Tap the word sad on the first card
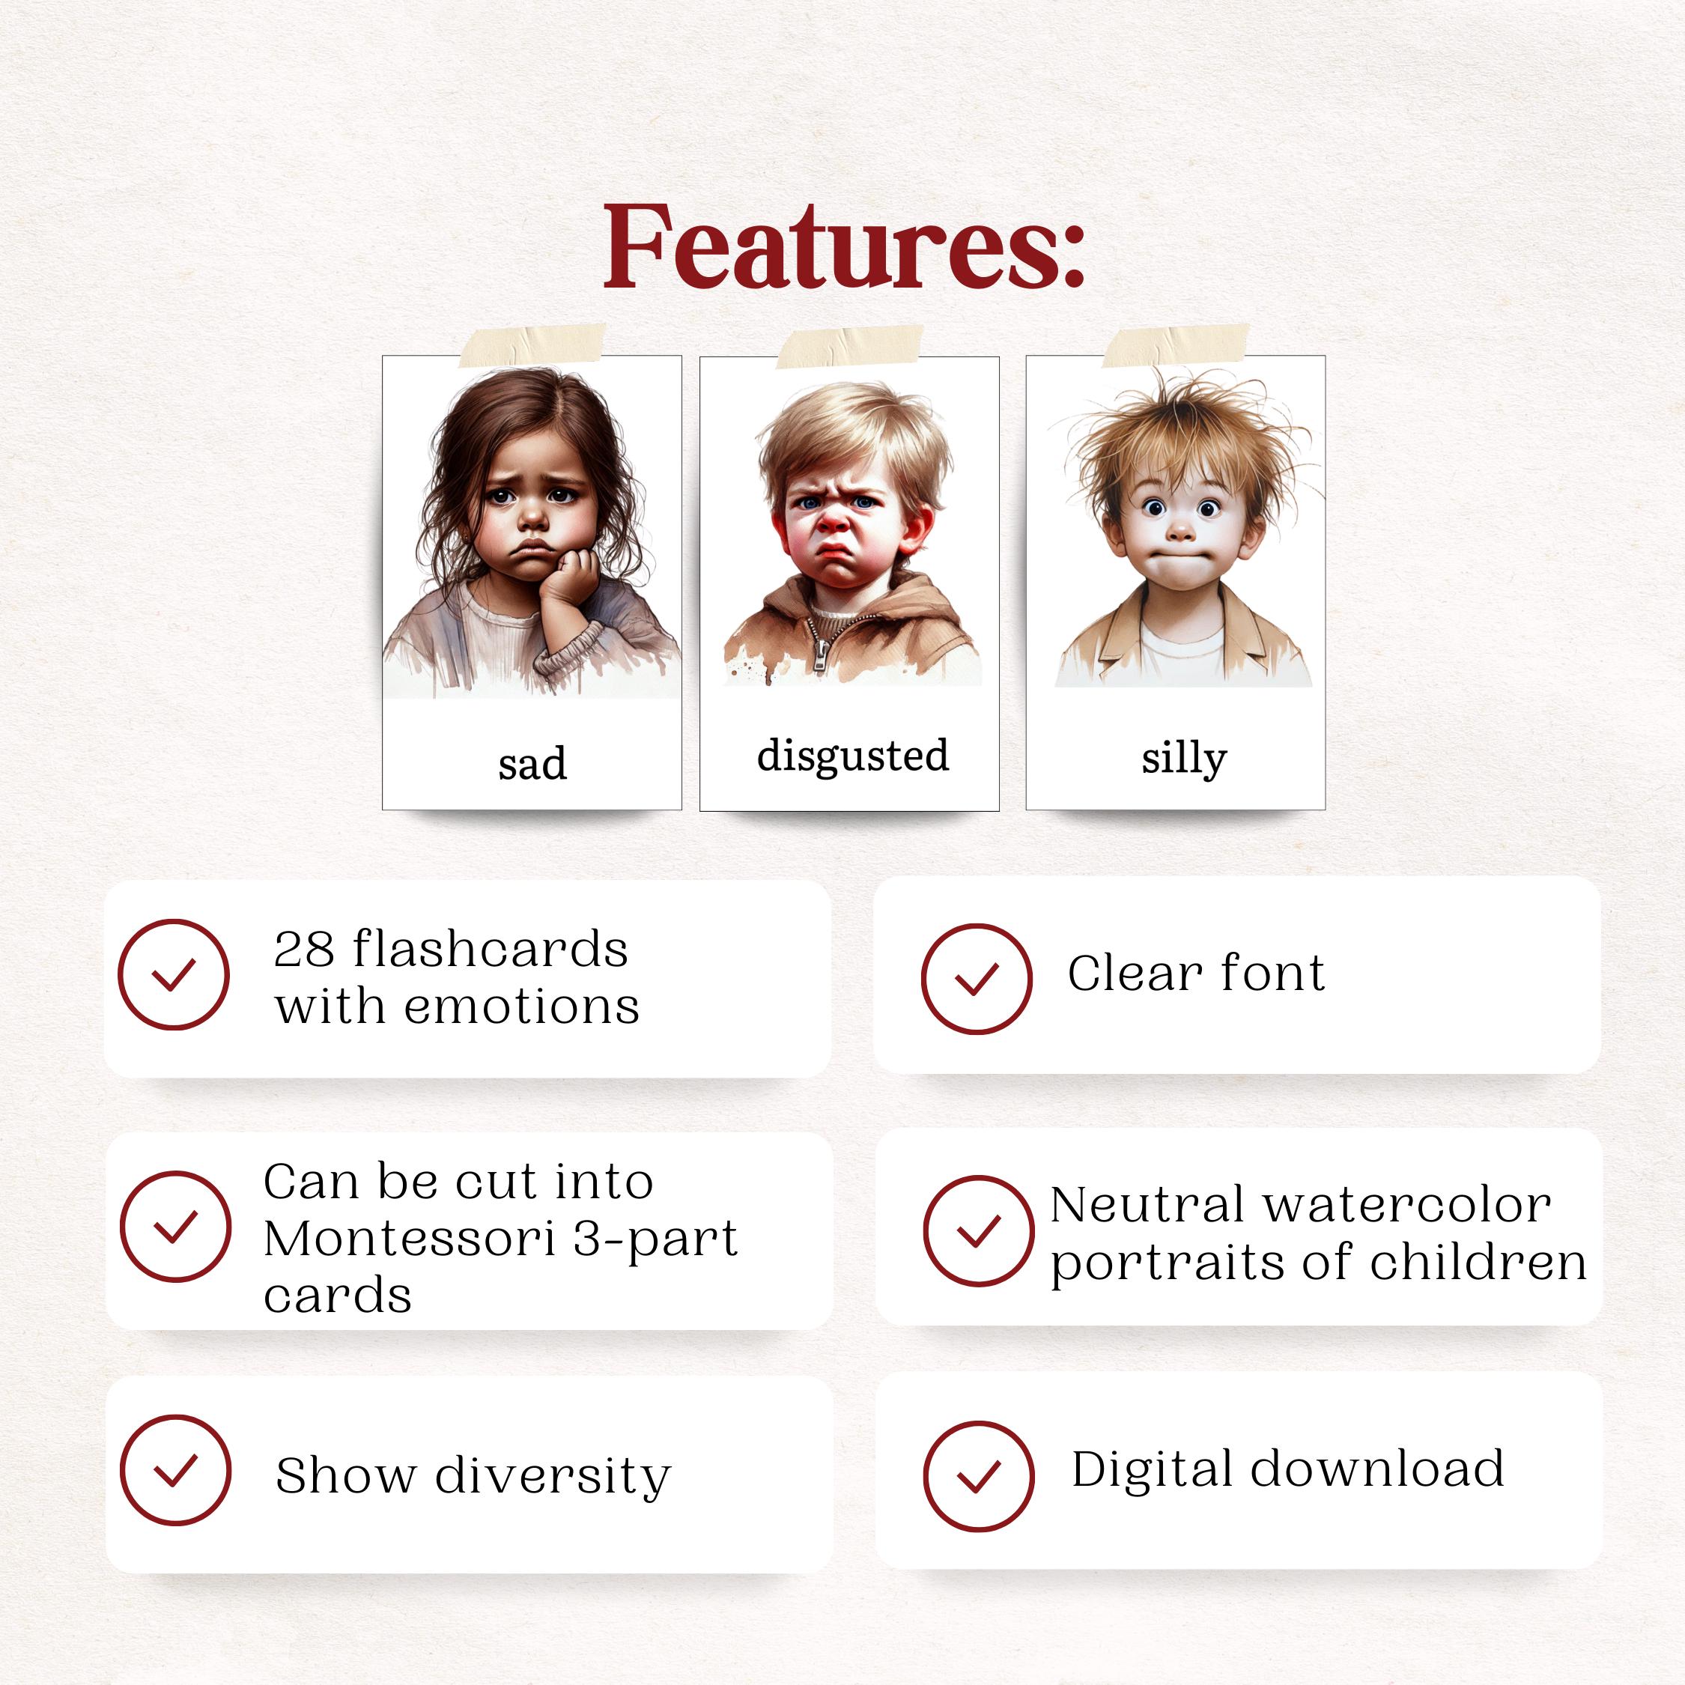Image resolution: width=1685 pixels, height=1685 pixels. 532,764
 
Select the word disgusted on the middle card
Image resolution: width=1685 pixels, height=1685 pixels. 852,756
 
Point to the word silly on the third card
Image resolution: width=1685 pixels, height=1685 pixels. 1183,757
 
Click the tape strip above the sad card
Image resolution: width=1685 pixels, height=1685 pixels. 532,345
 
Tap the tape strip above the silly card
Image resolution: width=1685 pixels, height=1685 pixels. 1176,344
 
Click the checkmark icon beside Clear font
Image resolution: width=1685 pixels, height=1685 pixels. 976,979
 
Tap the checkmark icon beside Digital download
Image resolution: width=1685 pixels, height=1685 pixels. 978,1475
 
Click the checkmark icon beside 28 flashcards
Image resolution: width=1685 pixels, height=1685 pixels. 174,974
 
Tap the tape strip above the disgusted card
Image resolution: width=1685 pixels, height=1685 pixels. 849,346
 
